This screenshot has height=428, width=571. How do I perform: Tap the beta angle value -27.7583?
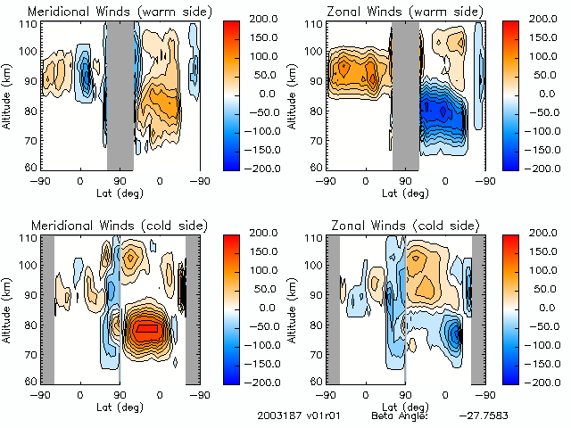tap(485, 416)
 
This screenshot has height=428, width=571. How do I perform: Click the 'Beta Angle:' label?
tap(400, 416)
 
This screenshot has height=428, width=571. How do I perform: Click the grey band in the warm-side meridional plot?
tap(120, 94)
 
